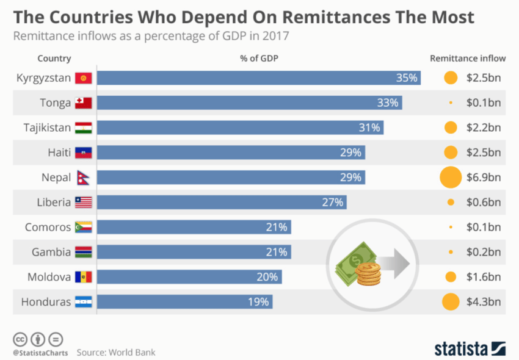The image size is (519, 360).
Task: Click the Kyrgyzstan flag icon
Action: pos(84,78)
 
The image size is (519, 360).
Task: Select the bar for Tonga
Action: pos(249,103)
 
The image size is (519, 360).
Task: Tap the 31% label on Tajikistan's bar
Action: pos(369,128)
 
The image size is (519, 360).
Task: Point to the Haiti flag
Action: pos(84,153)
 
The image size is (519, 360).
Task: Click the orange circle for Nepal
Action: pos(451,178)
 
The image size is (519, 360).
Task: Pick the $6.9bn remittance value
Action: pos(484,178)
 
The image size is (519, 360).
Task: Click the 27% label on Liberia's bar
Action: pos(333,202)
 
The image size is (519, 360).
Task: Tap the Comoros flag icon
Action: pos(84,227)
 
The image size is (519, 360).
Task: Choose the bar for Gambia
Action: pos(194,252)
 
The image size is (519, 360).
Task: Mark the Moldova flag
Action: pos(84,277)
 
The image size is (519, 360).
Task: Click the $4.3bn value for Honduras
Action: pos(484,301)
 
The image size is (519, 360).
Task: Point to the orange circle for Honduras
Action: pos(451,301)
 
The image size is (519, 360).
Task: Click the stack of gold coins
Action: pos(369,273)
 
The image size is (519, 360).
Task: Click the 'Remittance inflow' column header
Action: pos(468,59)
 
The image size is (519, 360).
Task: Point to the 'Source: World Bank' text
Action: pos(116,352)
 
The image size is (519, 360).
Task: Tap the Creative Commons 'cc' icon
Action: pos(20,339)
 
